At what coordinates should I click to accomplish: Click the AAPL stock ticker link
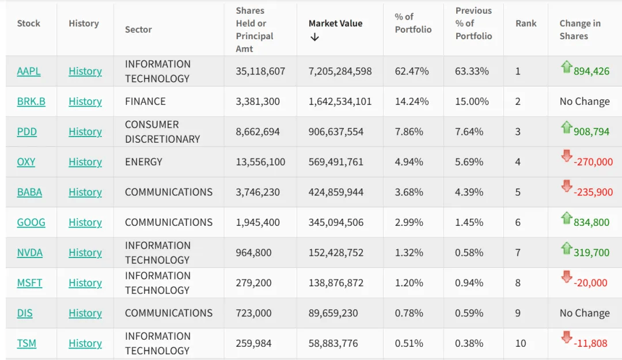pyautogui.click(x=29, y=71)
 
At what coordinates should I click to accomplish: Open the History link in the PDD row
pyautogui.click(x=85, y=132)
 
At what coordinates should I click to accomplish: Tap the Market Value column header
pyautogui.click(x=335, y=24)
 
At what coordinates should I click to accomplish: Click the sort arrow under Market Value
pyautogui.click(x=314, y=37)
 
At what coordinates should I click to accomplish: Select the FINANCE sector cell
pyautogui.click(x=145, y=101)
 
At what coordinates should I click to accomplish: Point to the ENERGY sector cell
pyautogui.click(x=143, y=162)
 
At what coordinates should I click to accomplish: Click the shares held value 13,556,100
pyautogui.click(x=260, y=162)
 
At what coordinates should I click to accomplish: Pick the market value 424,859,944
pyautogui.click(x=336, y=192)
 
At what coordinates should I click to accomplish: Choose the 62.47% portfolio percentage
pyautogui.click(x=412, y=71)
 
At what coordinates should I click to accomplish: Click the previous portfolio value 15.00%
pyautogui.click(x=472, y=101)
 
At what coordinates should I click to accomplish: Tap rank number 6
pyautogui.click(x=518, y=222)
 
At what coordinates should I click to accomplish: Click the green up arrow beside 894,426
pyautogui.click(x=566, y=67)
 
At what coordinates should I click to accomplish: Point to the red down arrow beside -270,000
pyautogui.click(x=566, y=156)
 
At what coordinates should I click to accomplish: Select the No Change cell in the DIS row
pyautogui.click(x=585, y=313)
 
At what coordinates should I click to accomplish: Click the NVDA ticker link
pyautogui.click(x=30, y=253)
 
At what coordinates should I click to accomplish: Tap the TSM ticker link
pyautogui.click(x=26, y=343)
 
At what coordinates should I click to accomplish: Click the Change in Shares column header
pyautogui.click(x=579, y=29)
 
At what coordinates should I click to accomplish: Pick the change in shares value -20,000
pyautogui.click(x=590, y=283)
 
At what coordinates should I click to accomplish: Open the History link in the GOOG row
pyautogui.click(x=85, y=222)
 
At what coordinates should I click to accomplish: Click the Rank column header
pyautogui.click(x=526, y=24)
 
